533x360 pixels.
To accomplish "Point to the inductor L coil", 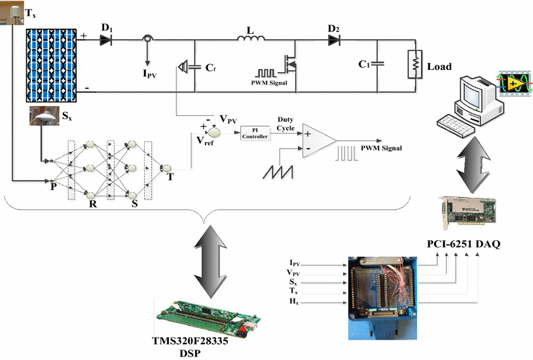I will point(251,41).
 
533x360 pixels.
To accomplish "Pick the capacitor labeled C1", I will point(378,63).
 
